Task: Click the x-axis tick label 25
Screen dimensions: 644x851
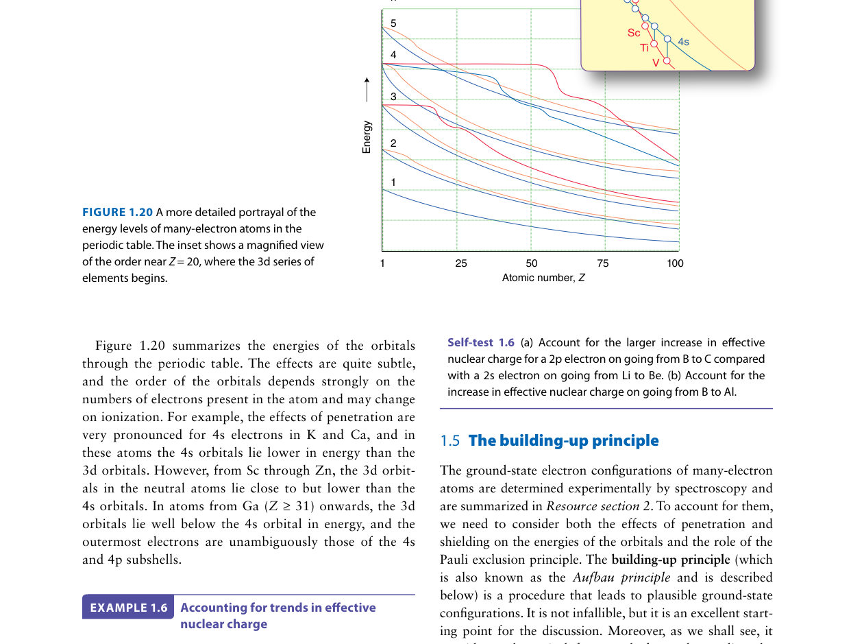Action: (461, 263)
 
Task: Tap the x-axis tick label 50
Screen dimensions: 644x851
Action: (532, 263)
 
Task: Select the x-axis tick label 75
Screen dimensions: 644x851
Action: (603, 263)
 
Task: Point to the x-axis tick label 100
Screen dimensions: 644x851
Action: (675, 263)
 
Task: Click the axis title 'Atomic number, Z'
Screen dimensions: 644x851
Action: (543, 278)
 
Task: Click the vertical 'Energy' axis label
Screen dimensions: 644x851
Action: (367, 137)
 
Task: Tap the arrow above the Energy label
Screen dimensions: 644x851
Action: (367, 89)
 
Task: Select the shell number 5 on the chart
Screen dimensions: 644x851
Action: (393, 23)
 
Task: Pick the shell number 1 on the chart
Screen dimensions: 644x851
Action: (393, 182)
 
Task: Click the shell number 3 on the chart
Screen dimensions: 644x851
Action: (393, 97)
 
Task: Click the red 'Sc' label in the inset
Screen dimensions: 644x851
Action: (634, 33)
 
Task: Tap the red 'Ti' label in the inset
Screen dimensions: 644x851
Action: (645, 48)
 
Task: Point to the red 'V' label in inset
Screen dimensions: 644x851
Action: (656, 63)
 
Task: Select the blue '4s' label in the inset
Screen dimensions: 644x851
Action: (683, 42)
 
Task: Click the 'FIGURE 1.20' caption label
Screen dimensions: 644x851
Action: (117, 213)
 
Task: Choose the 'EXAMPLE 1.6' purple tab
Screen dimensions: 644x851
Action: (129, 608)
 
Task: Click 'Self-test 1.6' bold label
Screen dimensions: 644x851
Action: (480, 342)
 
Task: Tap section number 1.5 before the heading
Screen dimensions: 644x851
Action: (450, 441)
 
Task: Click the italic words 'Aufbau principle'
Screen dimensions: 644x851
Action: (621, 577)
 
